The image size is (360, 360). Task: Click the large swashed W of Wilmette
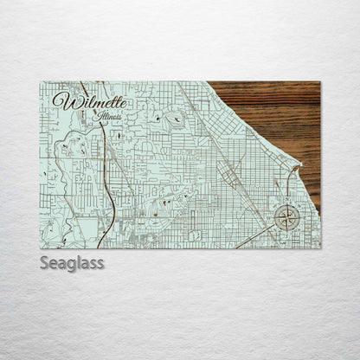(62, 100)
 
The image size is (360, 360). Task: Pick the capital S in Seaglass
(45, 262)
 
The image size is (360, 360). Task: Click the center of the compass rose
(287, 217)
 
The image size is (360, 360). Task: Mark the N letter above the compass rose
(287, 202)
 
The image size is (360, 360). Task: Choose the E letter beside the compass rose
(302, 217)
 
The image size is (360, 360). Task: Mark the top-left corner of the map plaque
(41, 82)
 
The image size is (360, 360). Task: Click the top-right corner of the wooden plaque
(319, 82)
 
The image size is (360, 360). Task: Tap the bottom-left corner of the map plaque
(41, 248)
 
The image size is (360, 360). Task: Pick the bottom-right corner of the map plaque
(319, 248)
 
